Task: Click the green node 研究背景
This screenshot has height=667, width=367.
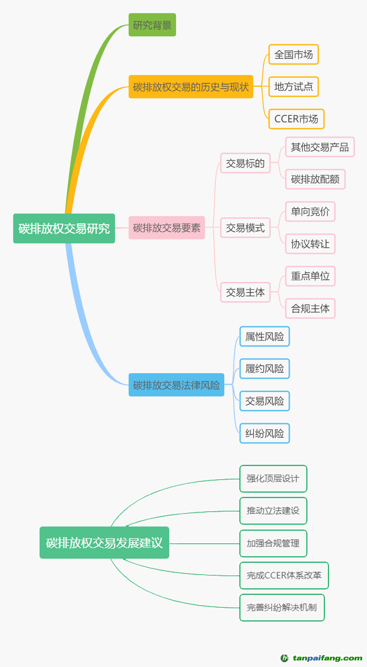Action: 152,25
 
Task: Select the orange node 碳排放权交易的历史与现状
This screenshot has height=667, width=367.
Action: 191,87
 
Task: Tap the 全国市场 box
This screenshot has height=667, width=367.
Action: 293,55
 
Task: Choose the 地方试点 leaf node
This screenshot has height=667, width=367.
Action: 293,87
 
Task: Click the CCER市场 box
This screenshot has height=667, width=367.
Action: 296,119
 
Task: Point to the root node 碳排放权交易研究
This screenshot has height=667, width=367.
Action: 64,228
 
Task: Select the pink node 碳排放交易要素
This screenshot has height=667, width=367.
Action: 166,228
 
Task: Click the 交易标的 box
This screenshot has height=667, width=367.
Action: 245,163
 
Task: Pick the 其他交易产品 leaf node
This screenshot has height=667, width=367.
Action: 320,147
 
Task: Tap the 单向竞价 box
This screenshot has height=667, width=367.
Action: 310,212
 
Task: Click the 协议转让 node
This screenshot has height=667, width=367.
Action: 310,244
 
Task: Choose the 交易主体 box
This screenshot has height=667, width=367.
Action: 245,292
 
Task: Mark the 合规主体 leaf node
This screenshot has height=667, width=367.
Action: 310,308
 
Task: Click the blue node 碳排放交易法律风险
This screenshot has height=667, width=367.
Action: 176,385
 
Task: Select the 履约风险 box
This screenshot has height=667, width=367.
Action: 264,369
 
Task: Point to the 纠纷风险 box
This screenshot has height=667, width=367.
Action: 264,433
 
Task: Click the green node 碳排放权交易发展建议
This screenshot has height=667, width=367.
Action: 104,542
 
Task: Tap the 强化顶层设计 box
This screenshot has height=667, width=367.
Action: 273,478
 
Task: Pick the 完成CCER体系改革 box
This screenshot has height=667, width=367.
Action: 284,575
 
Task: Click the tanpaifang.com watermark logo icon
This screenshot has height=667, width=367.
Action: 284,658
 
